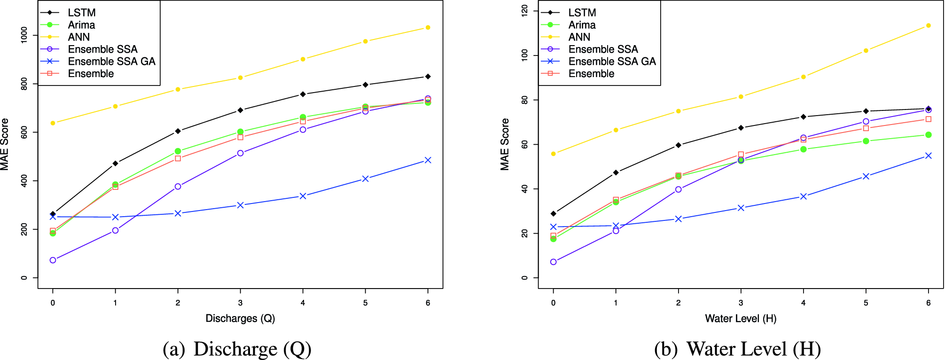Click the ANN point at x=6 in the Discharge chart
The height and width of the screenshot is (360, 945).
(x=428, y=27)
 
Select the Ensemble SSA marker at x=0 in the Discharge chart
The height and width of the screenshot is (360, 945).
(x=53, y=260)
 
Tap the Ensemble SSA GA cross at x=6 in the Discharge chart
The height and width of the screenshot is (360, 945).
(x=428, y=160)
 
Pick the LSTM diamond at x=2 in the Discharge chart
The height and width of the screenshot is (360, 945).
(x=178, y=131)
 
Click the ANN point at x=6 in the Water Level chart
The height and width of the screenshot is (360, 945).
(x=928, y=25)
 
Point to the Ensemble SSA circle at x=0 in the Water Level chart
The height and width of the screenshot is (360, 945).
(x=553, y=262)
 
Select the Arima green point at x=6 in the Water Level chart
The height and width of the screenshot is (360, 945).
(x=928, y=135)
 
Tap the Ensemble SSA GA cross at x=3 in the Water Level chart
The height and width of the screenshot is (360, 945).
(x=741, y=208)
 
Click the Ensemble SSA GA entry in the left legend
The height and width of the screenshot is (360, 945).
(x=111, y=62)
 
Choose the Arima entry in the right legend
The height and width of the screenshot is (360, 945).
(x=582, y=25)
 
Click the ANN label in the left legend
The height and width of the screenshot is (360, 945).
(x=78, y=37)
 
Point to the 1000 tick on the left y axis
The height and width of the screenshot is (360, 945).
(x=24, y=35)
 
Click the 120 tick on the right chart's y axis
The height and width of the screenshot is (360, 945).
(x=524, y=10)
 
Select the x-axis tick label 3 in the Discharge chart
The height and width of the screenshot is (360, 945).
(x=240, y=303)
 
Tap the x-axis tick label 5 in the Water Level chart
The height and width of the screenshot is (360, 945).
(x=866, y=303)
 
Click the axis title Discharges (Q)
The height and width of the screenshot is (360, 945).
(x=240, y=319)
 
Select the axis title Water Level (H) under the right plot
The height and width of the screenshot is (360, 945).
(x=741, y=319)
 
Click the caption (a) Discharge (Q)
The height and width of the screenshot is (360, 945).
(x=237, y=349)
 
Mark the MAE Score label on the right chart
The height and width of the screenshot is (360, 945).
(x=505, y=144)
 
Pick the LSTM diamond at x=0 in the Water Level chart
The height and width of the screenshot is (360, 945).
(x=553, y=213)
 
